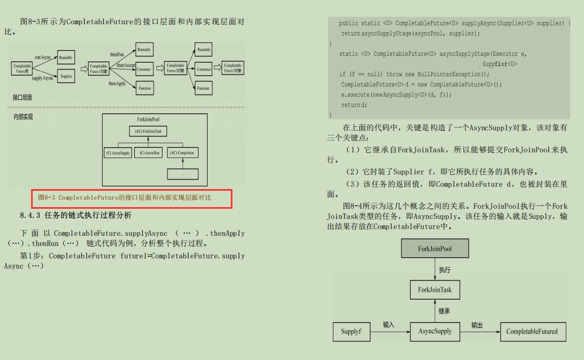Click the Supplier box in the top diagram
pos(66,76)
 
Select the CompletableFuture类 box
pos(22,69)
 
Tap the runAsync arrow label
pos(43,57)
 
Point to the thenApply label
pos(117,84)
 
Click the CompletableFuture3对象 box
pos(232,68)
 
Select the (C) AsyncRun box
pos(148,153)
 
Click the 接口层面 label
pos(23,98)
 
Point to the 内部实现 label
pos(23,117)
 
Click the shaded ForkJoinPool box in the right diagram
pos(434,248)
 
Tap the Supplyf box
pos(351,331)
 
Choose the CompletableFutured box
pos(532,331)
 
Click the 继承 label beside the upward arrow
pos(445,311)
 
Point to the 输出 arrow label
pos(477,325)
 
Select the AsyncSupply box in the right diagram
pos(434,331)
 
